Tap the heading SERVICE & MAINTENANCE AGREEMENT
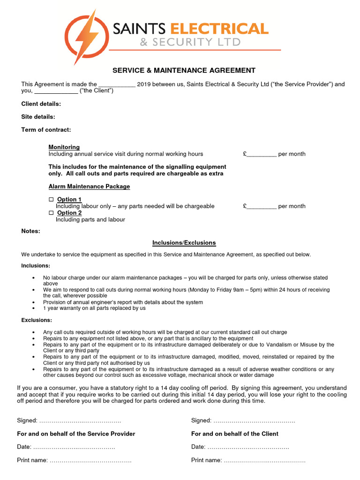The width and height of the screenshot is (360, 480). click(x=184, y=70)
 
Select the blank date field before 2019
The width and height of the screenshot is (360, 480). click(x=117, y=85)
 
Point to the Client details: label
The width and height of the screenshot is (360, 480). click(x=41, y=104)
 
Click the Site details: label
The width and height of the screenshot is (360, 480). click(x=38, y=117)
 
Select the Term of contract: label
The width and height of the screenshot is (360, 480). click(x=46, y=130)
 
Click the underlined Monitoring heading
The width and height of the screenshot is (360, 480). click(x=64, y=147)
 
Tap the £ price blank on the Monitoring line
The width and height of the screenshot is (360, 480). click(x=262, y=154)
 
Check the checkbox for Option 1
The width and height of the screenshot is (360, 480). click(x=52, y=200)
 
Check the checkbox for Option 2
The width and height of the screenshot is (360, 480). click(x=52, y=213)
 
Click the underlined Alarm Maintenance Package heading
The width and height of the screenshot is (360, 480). click(x=89, y=187)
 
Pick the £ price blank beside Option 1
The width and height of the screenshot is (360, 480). click(x=262, y=206)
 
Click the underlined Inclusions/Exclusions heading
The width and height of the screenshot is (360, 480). click(x=184, y=243)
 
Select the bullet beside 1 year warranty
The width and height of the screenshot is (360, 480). click(x=33, y=309)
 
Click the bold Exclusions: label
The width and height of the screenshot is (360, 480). click(x=37, y=320)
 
